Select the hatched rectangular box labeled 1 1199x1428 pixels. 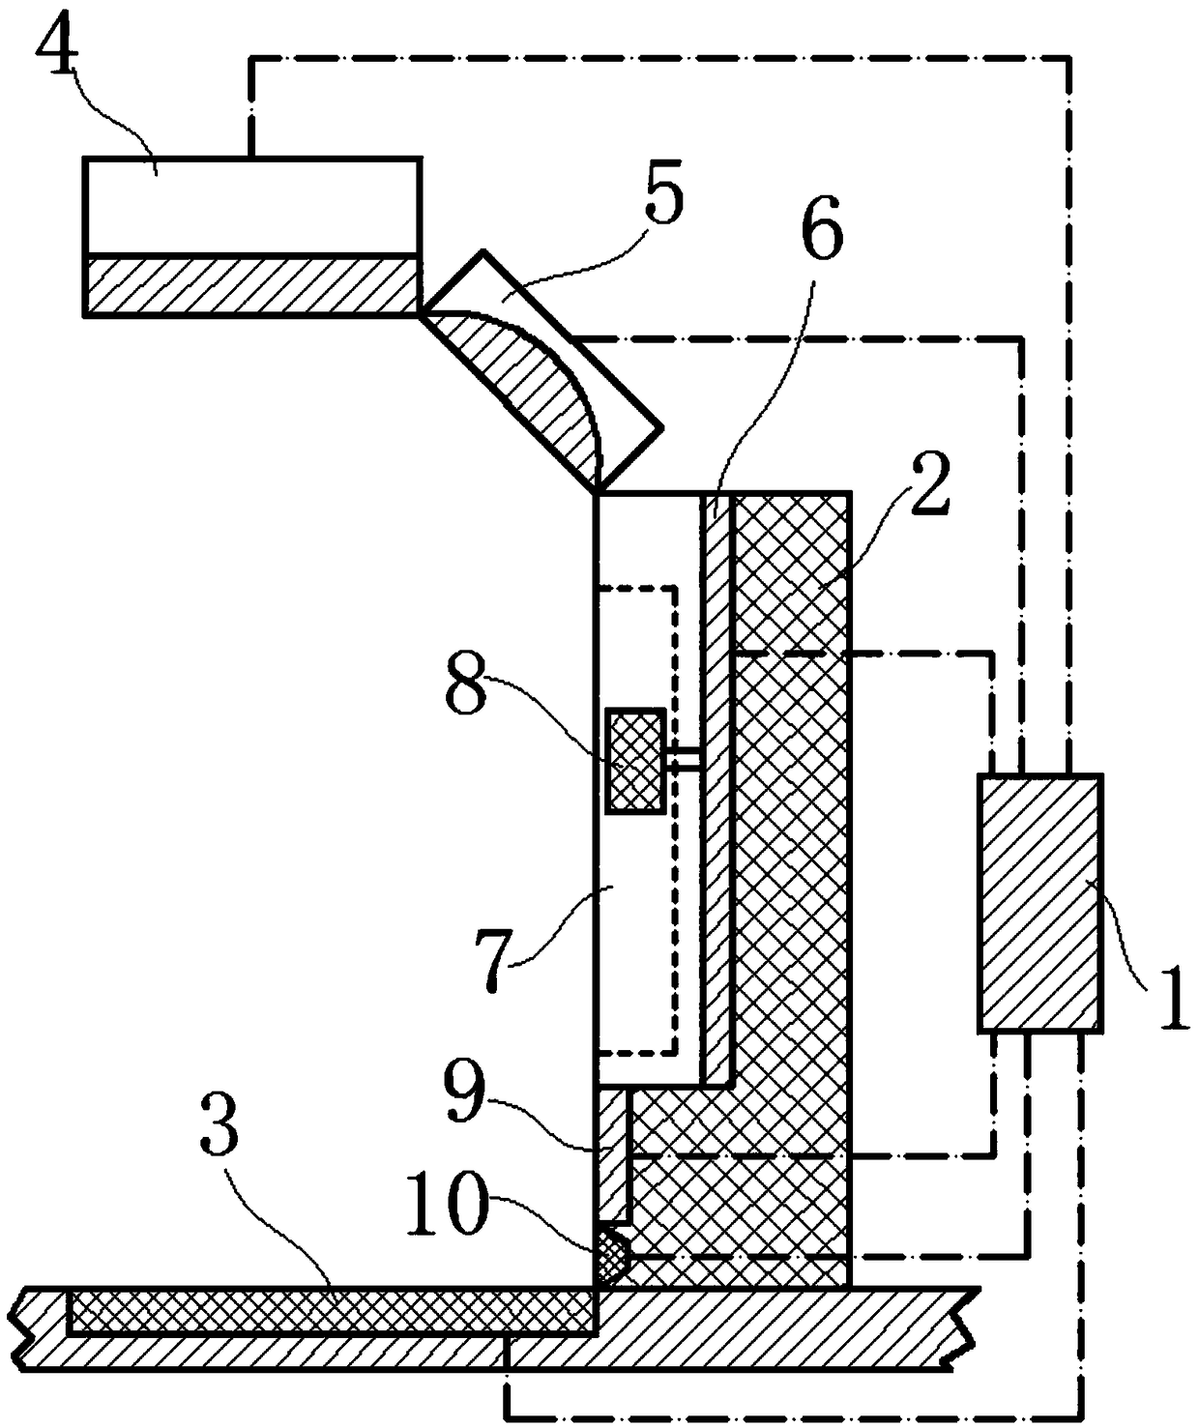click(1039, 902)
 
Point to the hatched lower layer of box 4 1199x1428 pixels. click(251, 284)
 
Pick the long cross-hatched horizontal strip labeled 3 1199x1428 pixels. click(329, 1312)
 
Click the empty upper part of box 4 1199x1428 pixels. click(251, 205)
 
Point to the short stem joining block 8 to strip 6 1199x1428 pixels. click(684, 761)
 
